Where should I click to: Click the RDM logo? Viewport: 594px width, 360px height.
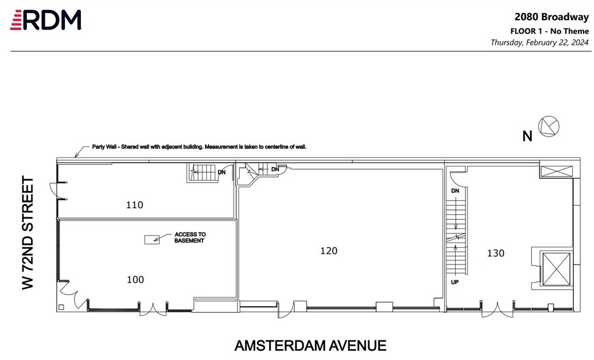coord(46,20)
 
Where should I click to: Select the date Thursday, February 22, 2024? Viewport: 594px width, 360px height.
coord(540,43)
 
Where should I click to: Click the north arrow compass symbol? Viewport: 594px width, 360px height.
coord(549,127)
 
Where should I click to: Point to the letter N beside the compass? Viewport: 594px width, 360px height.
coord(527,137)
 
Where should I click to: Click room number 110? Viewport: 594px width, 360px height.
coord(135,205)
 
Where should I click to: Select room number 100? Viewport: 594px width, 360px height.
coord(135,280)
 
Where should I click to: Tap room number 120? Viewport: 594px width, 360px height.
coord(329,250)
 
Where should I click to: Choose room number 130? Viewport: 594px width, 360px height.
coord(496,253)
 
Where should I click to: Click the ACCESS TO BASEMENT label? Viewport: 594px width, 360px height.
coord(190,238)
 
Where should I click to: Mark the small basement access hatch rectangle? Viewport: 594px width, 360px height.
coord(150,240)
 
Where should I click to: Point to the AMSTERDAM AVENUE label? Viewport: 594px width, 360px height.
coord(310,346)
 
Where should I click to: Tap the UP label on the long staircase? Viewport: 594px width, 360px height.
coord(455,283)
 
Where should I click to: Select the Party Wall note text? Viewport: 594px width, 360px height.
coord(199,147)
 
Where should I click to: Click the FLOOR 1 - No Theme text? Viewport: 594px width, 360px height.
coord(549,31)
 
